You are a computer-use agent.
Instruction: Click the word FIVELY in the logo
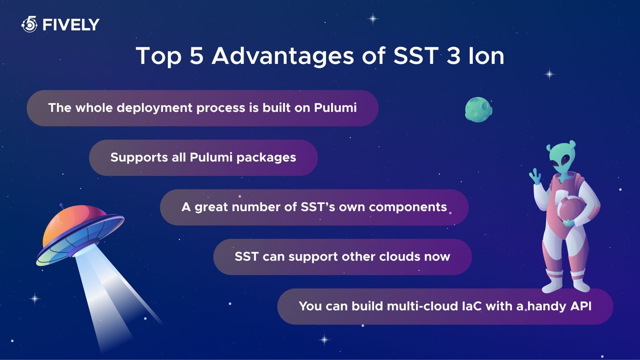pyautogui.click(x=70, y=25)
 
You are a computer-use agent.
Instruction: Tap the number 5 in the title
pyautogui.click(x=196, y=56)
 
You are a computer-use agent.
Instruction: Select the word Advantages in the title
pyautogui.click(x=282, y=56)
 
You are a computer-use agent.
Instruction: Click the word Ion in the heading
pyautogui.click(x=486, y=56)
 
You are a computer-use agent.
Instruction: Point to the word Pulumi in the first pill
pyautogui.click(x=335, y=108)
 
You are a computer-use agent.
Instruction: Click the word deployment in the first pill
pyautogui.click(x=154, y=108)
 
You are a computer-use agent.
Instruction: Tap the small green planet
pyautogui.click(x=478, y=109)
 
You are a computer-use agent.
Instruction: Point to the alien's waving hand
pyautogui.click(x=535, y=176)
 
